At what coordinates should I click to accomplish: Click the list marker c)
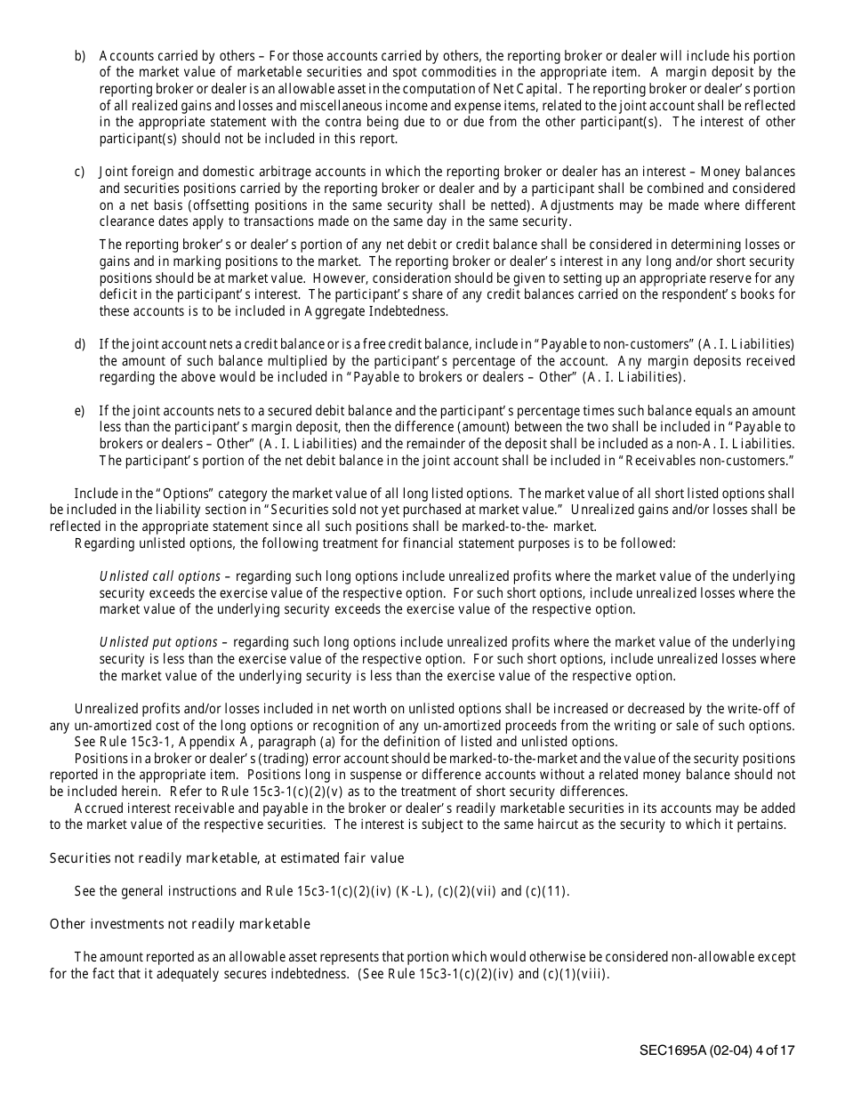point(79,171)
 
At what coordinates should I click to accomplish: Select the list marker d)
point(79,344)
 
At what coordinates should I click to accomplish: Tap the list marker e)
point(79,411)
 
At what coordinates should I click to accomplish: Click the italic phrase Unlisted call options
point(159,576)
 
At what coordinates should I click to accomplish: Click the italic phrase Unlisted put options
point(158,642)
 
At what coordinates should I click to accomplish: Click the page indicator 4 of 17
point(775,1050)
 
